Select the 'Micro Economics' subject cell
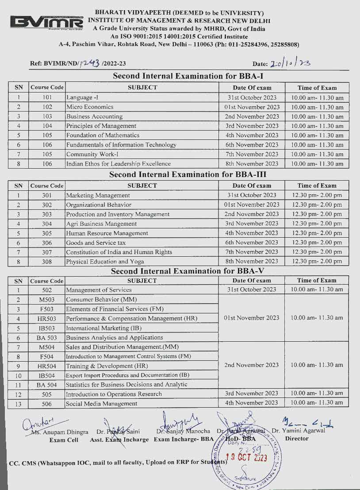click(90, 107)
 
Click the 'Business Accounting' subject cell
click(94, 116)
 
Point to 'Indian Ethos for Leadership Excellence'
click(118, 164)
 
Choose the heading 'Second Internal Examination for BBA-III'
click(188, 174)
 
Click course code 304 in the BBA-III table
click(47, 224)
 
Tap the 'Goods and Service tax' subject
click(96, 243)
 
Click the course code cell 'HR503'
click(46, 319)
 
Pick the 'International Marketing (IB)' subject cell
click(104, 328)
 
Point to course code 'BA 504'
click(46, 385)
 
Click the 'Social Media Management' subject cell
click(101, 404)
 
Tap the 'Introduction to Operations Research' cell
click(114, 394)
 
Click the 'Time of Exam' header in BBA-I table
click(317, 88)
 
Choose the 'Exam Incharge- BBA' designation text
click(184, 440)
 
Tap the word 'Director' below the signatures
click(297, 439)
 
